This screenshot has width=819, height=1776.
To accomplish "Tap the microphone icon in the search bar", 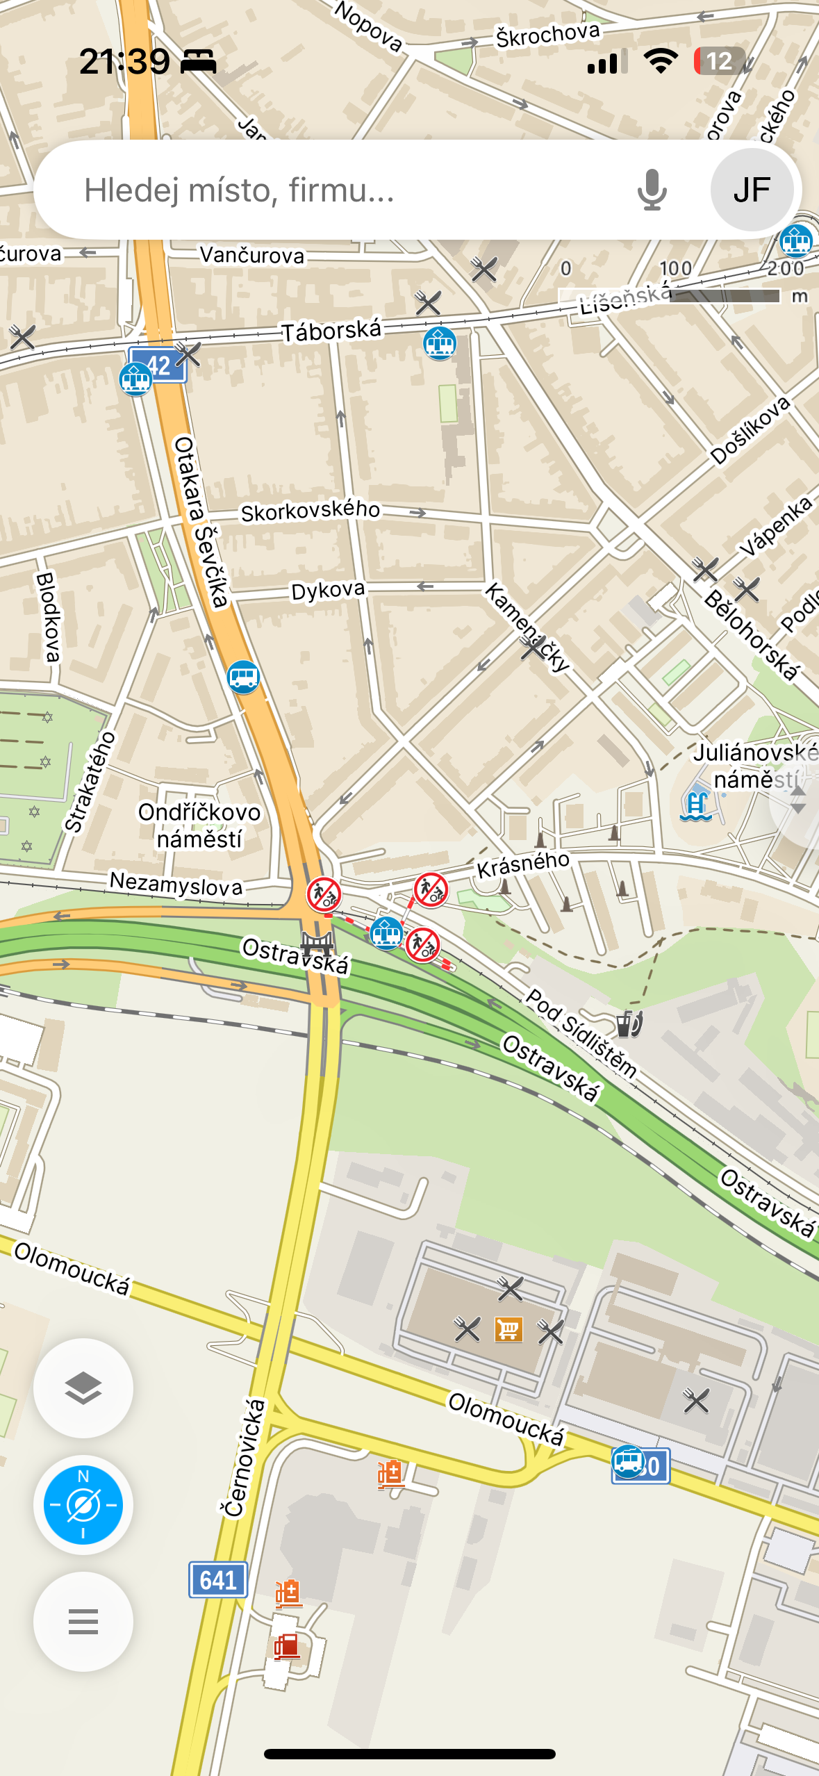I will (x=652, y=190).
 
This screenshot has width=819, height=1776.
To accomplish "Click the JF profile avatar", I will (x=752, y=190).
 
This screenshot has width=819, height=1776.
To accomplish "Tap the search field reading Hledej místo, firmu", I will (x=333, y=190).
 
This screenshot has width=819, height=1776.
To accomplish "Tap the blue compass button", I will (x=83, y=1505).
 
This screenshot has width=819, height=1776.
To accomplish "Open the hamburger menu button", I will (x=83, y=1622).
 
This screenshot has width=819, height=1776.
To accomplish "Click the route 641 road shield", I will (x=218, y=1580).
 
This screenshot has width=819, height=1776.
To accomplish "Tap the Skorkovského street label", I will (x=311, y=511).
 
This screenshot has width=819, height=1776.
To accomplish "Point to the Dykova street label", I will (x=328, y=591).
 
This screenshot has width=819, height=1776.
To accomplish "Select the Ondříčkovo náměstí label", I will (x=199, y=825).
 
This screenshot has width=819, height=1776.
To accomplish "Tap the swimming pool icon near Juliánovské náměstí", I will (x=696, y=806).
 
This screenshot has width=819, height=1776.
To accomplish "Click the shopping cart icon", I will (x=508, y=1330).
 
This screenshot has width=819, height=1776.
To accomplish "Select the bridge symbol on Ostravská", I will (x=317, y=944).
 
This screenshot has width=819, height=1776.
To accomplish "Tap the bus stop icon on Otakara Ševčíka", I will (x=243, y=676).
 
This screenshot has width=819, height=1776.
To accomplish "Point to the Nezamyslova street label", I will (x=176, y=885).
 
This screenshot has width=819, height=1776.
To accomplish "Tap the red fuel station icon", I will (x=286, y=1647).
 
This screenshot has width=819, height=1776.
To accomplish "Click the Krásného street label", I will (x=522, y=864).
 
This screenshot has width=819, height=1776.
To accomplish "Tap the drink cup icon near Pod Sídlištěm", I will (x=629, y=1023).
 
